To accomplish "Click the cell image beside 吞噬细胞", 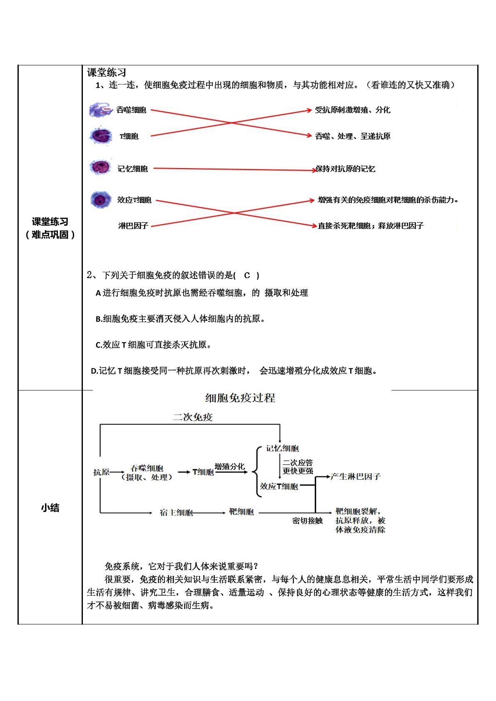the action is click(x=100, y=109).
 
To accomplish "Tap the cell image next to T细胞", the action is click(x=101, y=136).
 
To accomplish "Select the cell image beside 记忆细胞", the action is click(x=100, y=167).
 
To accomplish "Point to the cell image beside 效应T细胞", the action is click(x=100, y=200).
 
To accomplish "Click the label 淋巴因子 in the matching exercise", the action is click(x=133, y=226).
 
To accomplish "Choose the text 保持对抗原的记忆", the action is click(x=345, y=169).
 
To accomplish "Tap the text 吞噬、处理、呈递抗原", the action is click(x=353, y=136).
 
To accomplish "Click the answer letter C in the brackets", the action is click(x=247, y=276).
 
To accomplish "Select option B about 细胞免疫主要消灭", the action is click(x=180, y=319).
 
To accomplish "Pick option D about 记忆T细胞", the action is click(x=234, y=371).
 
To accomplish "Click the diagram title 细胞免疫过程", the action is click(x=240, y=398).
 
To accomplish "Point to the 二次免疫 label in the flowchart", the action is click(x=193, y=417).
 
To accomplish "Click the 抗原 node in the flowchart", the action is click(x=101, y=472).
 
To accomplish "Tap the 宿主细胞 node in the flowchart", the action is click(x=176, y=512).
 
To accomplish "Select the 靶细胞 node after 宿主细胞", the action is click(x=241, y=512).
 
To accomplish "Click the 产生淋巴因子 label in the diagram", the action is click(x=356, y=477).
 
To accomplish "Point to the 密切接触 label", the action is click(x=307, y=521).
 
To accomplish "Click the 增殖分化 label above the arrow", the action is click(x=229, y=467).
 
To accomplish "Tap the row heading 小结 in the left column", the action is click(x=50, y=507).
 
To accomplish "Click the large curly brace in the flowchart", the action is click(x=257, y=472).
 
